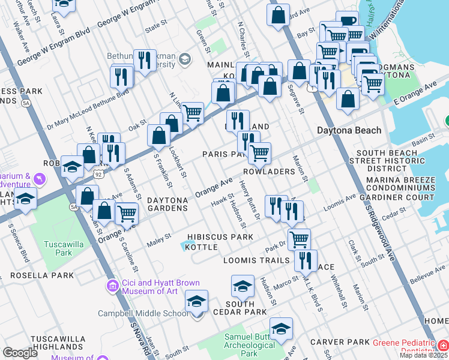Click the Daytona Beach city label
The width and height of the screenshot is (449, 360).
[349, 130]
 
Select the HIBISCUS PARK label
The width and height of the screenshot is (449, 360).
[220, 237]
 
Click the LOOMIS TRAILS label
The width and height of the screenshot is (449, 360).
[256, 260]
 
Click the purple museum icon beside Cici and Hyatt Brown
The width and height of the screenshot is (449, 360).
[112, 286]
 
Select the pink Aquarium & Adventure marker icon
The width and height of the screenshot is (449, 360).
[40, 179]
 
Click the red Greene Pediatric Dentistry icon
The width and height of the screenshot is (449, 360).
[442, 345]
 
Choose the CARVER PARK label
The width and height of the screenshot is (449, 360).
[340, 342]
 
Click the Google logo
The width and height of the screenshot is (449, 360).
[20, 353]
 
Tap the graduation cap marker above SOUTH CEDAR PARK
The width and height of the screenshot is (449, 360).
[242, 286]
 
